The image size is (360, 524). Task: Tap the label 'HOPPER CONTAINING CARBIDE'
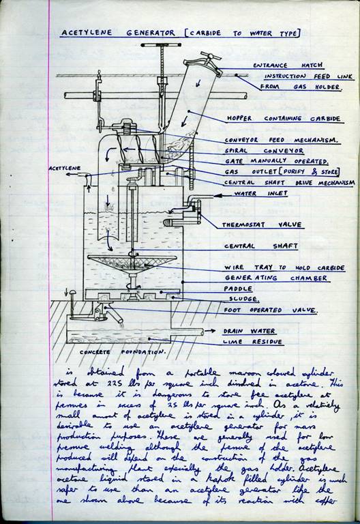283,118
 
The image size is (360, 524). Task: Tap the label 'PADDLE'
240,289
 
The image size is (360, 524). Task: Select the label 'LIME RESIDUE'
256,340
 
